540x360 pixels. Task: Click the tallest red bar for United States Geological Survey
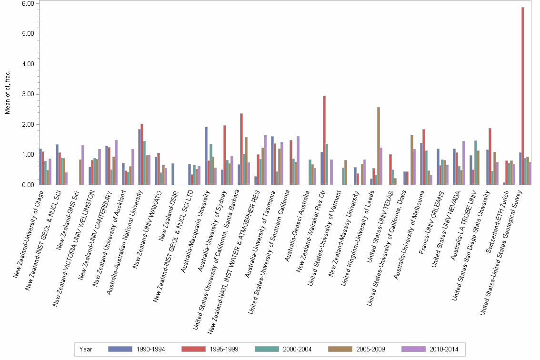(x=523, y=95)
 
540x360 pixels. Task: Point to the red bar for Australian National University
(x=142, y=154)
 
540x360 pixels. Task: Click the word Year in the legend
(x=86, y=350)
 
